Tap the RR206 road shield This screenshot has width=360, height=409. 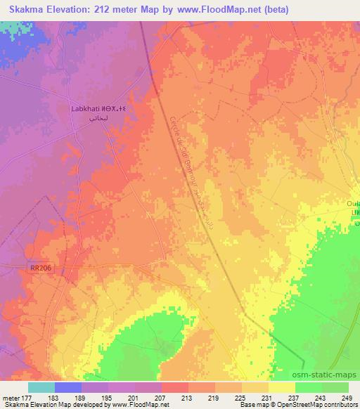point(41,268)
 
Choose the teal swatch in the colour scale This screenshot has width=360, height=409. point(41,387)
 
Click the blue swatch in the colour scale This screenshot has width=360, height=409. point(68,387)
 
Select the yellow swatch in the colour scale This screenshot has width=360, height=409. point(281,387)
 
